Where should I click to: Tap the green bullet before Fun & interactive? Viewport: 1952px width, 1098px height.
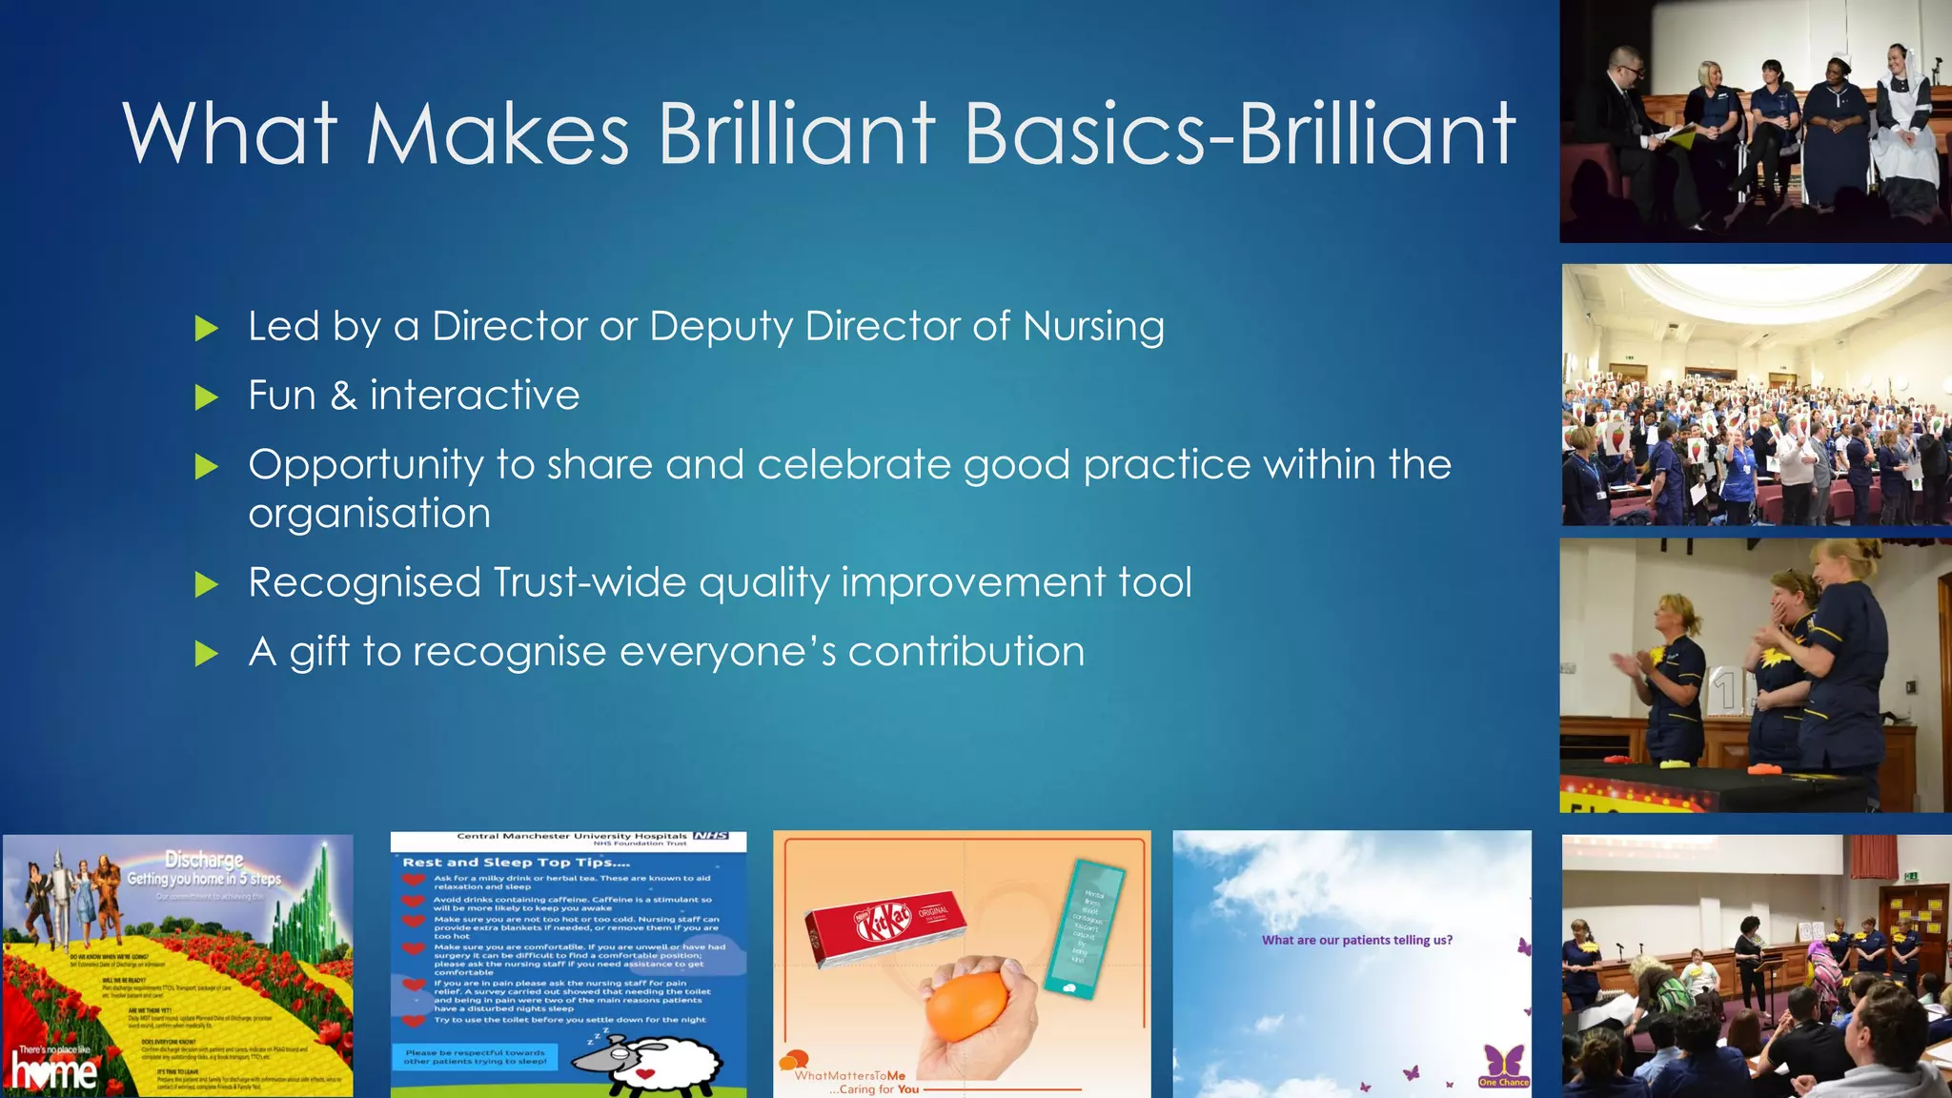click(x=206, y=397)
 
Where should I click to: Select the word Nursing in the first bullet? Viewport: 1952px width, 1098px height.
click(x=1093, y=327)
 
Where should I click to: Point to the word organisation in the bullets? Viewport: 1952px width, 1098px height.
click(x=370, y=514)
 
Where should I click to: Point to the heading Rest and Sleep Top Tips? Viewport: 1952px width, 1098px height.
click(x=516, y=862)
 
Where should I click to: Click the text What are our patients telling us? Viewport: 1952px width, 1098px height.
click(x=1356, y=940)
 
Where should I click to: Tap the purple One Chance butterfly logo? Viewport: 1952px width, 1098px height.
click(x=1504, y=1065)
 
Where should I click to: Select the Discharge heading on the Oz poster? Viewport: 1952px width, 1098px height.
click(x=204, y=860)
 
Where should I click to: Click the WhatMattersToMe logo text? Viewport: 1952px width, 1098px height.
click(x=849, y=1075)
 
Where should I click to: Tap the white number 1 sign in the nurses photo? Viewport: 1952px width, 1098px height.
click(x=1726, y=689)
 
